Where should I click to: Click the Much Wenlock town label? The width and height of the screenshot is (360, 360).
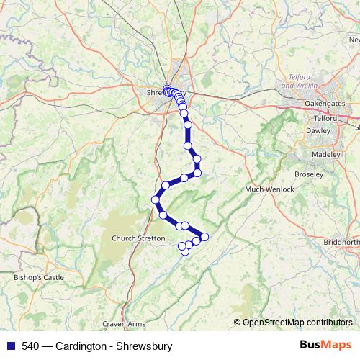tap(270, 189)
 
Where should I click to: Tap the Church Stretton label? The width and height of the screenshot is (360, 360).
tap(138, 238)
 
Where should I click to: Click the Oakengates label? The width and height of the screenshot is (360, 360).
tap(325, 104)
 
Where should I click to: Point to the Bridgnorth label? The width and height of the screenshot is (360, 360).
tap(341, 243)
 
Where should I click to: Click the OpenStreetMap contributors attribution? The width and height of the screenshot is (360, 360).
tap(297, 323)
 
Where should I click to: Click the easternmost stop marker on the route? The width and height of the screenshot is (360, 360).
tap(204, 237)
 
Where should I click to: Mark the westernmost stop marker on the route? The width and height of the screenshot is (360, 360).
tap(156, 199)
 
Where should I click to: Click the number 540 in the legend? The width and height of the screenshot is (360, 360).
tap(30, 346)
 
